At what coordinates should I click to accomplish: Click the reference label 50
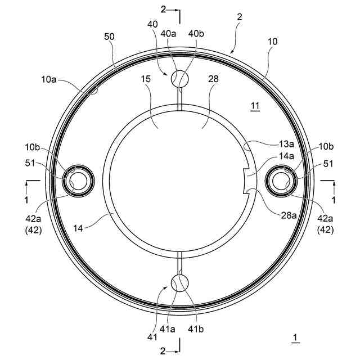pyautogui.click(x=109, y=37)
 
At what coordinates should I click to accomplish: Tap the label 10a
pyautogui.click(x=49, y=79)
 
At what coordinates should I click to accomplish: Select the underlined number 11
pyautogui.click(x=255, y=106)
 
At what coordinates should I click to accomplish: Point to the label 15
pyautogui.click(x=146, y=79)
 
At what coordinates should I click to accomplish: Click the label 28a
pyautogui.click(x=289, y=215)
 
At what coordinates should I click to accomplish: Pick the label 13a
pyautogui.click(x=286, y=144)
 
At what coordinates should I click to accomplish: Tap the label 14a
pyautogui.click(x=286, y=156)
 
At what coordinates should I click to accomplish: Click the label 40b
pyautogui.click(x=196, y=34)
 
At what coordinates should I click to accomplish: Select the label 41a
pyautogui.click(x=167, y=329)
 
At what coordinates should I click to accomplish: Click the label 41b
pyautogui.click(x=196, y=329)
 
